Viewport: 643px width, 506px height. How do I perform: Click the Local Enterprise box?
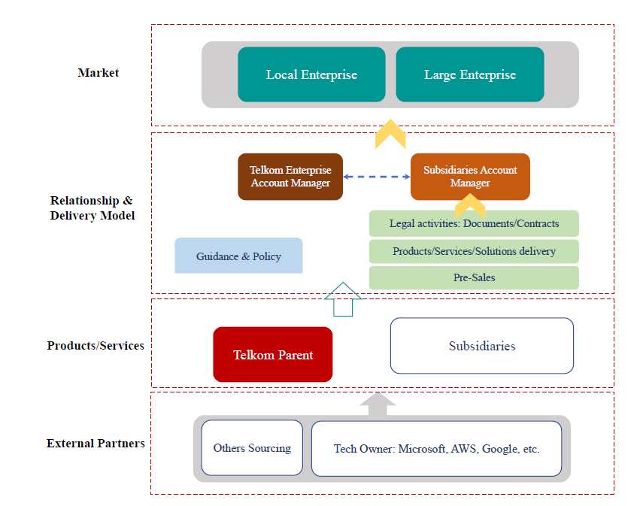coord(311,74)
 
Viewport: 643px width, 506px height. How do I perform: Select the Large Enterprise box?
coord(470,74)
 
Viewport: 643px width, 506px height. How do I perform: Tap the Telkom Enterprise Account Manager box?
coord(290,177)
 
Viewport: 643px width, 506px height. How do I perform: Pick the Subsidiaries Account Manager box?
coord(470,177)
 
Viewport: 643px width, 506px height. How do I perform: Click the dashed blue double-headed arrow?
coord(376,177)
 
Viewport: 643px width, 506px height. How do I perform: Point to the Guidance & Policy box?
coord(238,256)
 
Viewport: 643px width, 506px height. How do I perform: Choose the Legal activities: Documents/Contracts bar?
coord(474,223)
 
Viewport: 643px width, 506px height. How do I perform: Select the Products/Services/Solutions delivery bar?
coord(474,251)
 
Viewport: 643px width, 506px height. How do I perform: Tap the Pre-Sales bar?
coord(474,277)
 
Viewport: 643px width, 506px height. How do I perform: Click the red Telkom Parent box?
coord(273,355)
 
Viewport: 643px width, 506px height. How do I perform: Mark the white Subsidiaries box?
coord(482,346)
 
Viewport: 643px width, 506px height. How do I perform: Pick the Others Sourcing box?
coord(252,448)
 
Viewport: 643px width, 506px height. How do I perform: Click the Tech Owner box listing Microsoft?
coord(436,449)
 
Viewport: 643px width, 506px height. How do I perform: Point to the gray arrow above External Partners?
coord(378,404)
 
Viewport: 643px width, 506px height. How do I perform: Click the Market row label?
coord(99,73)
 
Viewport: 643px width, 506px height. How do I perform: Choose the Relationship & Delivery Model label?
coord(91,208)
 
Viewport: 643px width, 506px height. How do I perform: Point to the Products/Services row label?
coord(96,346)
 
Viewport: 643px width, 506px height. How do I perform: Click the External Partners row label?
coord(96,444)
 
